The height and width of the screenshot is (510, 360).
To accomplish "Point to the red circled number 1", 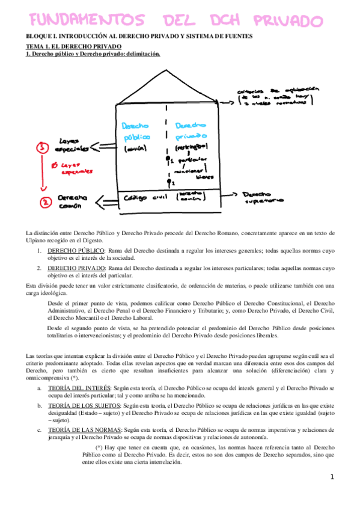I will pos(42,147).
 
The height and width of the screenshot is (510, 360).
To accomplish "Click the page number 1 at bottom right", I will pos(332,477).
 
